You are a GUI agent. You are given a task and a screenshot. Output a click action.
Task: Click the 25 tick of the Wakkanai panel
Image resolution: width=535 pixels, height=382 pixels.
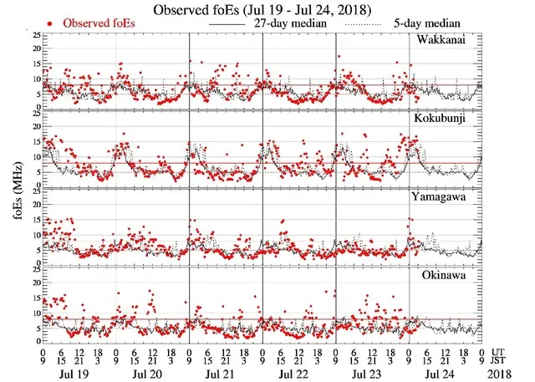tap(33, 37)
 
